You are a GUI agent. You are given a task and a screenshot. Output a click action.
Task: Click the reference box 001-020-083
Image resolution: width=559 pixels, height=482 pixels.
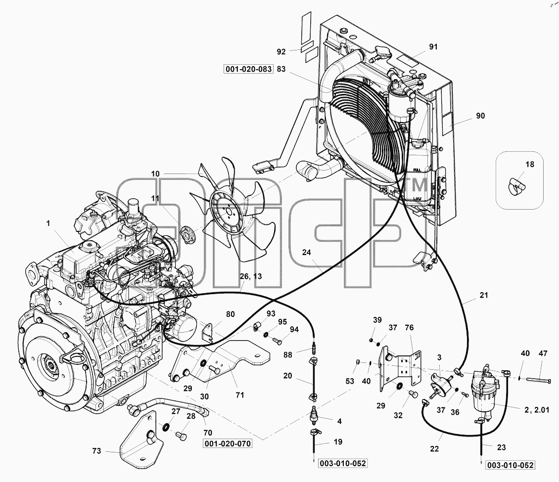(248, 69)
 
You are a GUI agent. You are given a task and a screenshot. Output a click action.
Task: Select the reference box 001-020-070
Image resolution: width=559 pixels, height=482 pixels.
(228, 443)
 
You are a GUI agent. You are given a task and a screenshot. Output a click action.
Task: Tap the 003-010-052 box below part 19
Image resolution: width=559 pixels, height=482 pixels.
(343, 463)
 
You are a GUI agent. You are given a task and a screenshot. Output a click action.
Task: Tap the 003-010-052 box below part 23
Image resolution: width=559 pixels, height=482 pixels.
(511, 465)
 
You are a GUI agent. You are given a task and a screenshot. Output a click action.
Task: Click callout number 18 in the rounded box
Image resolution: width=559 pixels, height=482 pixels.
(530, 164)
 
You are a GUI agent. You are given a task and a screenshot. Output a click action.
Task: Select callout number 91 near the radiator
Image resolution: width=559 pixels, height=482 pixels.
(433, 46)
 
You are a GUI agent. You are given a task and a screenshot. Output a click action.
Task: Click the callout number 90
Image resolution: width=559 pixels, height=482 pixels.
(480, 116)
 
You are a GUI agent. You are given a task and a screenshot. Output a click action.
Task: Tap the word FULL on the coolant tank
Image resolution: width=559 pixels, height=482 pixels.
(417, 170)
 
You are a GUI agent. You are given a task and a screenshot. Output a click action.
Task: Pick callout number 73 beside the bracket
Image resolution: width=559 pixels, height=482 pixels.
(96, 451)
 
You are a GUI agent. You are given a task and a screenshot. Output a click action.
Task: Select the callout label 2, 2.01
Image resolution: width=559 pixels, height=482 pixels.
(537, 410)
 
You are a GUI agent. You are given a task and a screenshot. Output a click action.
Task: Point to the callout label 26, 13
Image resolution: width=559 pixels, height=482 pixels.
(251, 276)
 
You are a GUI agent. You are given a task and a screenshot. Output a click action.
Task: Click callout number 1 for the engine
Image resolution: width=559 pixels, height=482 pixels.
(48, 223)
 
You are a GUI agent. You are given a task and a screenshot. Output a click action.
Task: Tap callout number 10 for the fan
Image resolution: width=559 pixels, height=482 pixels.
(155, 174)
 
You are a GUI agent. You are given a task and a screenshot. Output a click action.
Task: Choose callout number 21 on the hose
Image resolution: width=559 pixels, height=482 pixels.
(483, 295)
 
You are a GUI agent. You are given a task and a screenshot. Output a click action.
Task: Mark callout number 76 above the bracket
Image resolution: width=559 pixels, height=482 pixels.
(409, 327)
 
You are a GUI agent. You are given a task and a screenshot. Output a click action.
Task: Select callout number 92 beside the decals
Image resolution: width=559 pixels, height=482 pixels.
(281, 51)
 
